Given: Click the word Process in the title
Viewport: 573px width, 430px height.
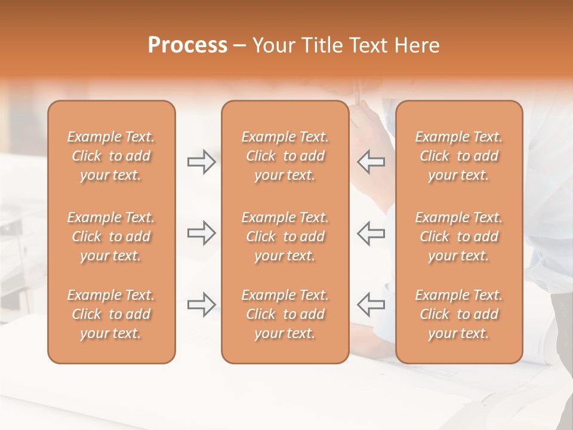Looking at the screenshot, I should [x=187, y=45].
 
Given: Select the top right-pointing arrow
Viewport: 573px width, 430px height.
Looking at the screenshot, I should [x=201, y=162].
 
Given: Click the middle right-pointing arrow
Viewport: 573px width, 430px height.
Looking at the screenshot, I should [x=201, y=233].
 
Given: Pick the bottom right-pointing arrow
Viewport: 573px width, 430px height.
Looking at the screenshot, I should [x=201, y=305].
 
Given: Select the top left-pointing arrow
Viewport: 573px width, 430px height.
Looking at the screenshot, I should [x=371, y=162].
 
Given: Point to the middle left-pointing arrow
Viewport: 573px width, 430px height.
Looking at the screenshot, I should [x=371, y=233].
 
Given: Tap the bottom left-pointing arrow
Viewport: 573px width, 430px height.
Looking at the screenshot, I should [x=371, y=305].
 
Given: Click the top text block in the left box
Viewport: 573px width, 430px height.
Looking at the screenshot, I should [x=111, y=156].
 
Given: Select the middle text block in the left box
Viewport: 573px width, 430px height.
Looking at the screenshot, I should [x=111, y=236].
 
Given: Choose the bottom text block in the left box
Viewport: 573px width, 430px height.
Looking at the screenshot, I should [x=111, y=314].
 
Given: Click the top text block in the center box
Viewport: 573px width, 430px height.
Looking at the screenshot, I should [x=285, y=156].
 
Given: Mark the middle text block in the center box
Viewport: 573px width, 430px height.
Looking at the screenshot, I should [x=285, y=236].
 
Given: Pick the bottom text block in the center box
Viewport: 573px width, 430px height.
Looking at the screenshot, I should [x=285, y=314].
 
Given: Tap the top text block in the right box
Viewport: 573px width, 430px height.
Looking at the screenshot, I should [x=458, y=156].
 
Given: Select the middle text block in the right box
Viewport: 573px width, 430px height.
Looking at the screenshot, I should [x=458, y=236].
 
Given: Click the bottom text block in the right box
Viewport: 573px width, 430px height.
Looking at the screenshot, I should [x=458, y=314].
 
